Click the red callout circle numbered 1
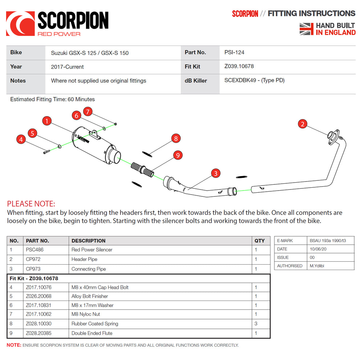click(47, 121)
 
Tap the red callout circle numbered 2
click(303, 124)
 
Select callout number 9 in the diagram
click(178, 155)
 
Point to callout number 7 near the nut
click(87, 111)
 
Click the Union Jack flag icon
click(306, 29)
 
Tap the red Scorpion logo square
click(20, 24)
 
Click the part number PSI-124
click(234, 52)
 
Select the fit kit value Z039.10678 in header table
click(239, 66)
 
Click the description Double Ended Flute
click(92, 333)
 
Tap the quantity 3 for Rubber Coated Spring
click(256, 324)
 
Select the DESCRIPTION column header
click(89, 241)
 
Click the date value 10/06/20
click(319, 249)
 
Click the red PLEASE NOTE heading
click(31, 204)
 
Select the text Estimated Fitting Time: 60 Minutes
click(52, 99)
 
